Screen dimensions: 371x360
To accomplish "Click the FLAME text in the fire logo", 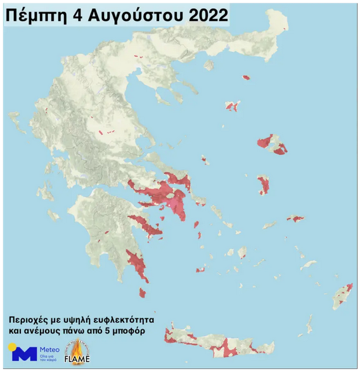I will coord(77,360).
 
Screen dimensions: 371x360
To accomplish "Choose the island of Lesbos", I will coord(273,144).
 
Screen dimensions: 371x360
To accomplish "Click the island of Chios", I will coord(264,185).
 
